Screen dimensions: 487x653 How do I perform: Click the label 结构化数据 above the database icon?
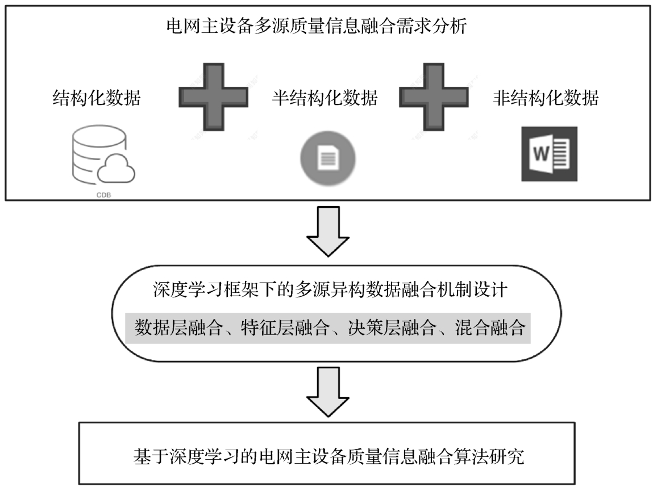pyautogui.click(x=96, y=99)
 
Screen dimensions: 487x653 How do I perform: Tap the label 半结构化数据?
pyautogui.click(x=325, y=99)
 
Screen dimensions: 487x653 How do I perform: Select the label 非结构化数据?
pyautogui.click(x=545, y=99)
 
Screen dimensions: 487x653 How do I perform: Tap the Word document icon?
pyautogui.click(x=548, y=154)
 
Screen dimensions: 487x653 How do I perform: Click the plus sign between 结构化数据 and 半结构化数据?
pyautogui.click(x=213, y=97)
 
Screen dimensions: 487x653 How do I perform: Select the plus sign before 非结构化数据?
pyautogui.click(x=434, y=97)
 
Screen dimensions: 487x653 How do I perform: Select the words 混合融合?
pyautogui.click(x=489, y=328)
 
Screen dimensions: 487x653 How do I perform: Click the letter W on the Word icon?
pyautogui.click(x=539, y=154)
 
